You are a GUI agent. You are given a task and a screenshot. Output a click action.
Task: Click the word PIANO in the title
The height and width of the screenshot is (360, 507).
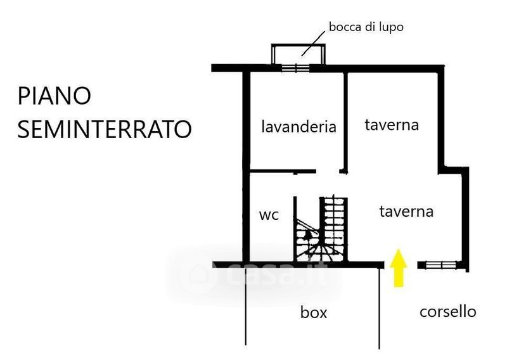pyautogui.click(x=55, y=96)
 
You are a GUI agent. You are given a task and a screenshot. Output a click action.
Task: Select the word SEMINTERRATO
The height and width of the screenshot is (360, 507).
pyautogui.click(x=104, y=129)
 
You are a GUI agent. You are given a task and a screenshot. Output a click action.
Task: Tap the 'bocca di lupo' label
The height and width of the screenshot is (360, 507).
pyautogui.click(x=366, y=27)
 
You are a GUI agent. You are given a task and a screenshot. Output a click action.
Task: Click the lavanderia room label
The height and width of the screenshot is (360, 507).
pyautogui.click(x=298, y=126)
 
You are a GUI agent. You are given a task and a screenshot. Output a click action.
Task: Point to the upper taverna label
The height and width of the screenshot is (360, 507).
pyautogui.click(x=392, y=125)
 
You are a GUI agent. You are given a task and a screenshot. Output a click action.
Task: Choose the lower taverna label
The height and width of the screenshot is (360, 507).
pyautogui.click(x=406, y=211)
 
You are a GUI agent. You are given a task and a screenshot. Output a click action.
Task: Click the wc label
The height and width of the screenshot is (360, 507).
pyautogui.click(x=269, y=215)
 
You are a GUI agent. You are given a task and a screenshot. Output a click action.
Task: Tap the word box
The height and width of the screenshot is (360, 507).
pyautogui.click(x=314, y=312)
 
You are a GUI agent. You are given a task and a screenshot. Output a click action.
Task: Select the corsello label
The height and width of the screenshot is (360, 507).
pyautogui.click(x=447, y=311)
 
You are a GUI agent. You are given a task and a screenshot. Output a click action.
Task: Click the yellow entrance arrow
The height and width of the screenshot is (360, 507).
pyautogui.click(x=398, y=267)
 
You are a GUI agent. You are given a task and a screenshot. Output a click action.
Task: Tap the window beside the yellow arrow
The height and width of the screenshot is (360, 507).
pyautogui.click(x=437, y=265)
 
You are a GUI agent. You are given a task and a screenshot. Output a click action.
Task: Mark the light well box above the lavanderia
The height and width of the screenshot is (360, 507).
pyautogui.click(x=298, y=54)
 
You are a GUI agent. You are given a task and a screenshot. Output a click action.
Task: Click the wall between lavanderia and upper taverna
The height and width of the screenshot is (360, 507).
pyautogui.click(x=346, y=120)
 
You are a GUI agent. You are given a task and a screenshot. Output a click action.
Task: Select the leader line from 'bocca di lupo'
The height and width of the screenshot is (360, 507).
pyautogui.click(x=314, y=42)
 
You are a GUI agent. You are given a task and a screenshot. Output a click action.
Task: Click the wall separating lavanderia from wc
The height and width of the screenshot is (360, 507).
pyautogui.click(x=283, y=171)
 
